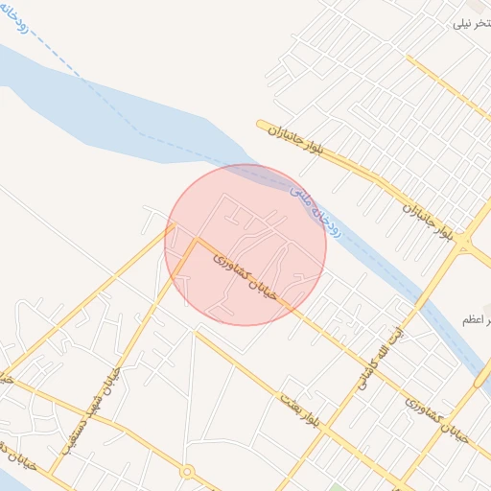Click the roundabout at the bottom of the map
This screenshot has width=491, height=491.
point(187,472)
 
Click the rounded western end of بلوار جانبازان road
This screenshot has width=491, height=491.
point(261,124)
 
